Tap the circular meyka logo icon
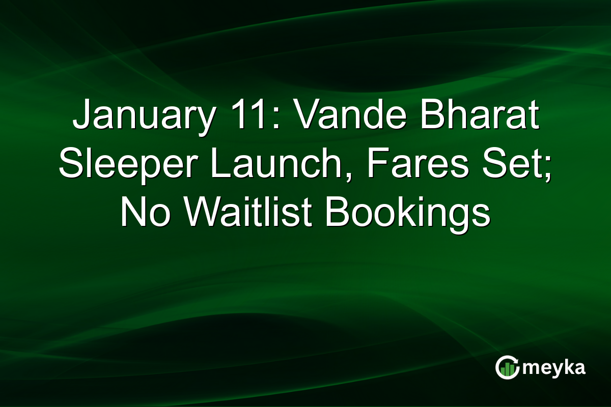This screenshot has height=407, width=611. pyautogui.click(x=508, y=367)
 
